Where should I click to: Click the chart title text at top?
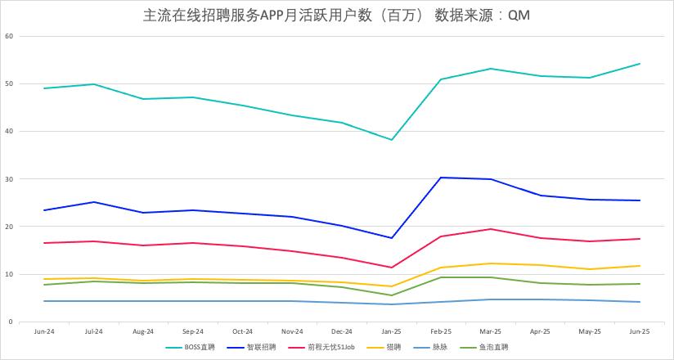[x=336, y=16]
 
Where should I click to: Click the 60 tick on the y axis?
[x=9, y=36]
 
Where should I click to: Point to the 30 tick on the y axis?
[x=9, y=179]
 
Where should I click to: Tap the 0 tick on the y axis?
[x=11, y=322]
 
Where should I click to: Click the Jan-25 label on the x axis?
[x=391, y=332]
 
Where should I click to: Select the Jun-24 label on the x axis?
[x=44, y=332]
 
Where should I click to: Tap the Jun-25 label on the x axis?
[x=639, y=332]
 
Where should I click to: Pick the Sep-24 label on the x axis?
[x=193, y=332]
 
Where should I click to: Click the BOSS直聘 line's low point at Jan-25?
[x=392, y=140]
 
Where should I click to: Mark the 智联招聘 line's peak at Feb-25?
[x=441, y=178]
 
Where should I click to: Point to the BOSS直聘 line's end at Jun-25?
[x=639, y=64]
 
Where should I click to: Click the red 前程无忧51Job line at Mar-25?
[x=491, y=229]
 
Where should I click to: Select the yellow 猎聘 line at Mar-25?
[x=491, y=263]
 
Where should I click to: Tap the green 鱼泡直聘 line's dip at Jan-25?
[x=392, y=295]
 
